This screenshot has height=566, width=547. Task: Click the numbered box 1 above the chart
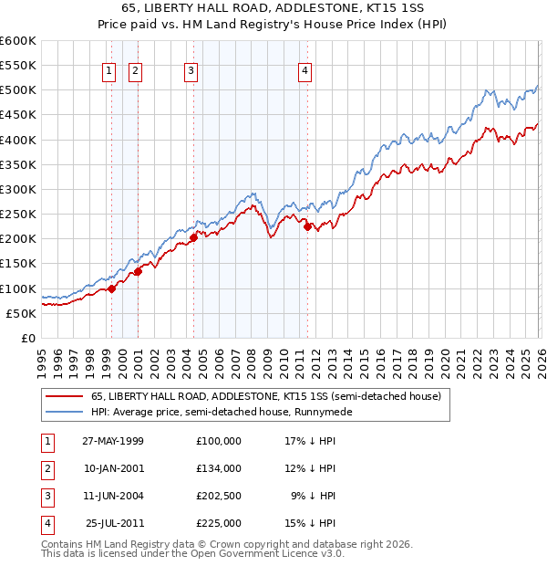(109, 71)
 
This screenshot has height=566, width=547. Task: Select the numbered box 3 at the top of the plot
(191, 71)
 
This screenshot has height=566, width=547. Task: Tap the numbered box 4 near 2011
(304, 71)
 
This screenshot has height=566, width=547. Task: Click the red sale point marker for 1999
(112, 288)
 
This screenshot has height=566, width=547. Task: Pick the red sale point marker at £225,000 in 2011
(308, 226)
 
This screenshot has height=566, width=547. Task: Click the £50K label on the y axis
(22, 313)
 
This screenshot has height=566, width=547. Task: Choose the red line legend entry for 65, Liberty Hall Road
(265, 396)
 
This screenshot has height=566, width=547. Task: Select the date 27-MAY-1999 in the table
(113, 440)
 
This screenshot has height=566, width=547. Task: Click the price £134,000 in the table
(219, 467)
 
